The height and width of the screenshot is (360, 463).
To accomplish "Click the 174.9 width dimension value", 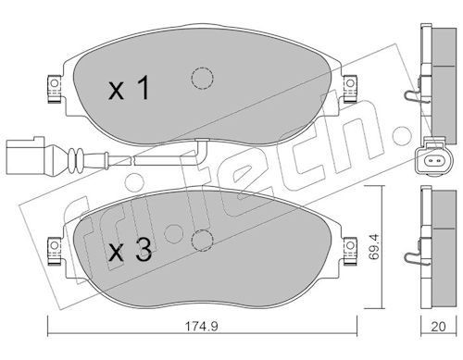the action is click(x=202, y=326).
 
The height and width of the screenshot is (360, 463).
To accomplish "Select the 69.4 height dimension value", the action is click(x=374, y=246).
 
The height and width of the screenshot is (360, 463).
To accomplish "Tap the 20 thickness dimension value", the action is click(x=438, y=327).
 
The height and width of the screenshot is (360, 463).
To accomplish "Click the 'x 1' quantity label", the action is click(x=129, y=89).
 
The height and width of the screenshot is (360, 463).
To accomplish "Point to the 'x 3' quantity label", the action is click(x=131, y=250).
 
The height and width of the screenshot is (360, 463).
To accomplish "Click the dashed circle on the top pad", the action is click(x=202, y=79).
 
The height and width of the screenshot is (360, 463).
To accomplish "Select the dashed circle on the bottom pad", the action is click(x=202, y=241).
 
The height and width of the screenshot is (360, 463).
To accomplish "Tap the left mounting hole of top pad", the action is click(x=55, y=83).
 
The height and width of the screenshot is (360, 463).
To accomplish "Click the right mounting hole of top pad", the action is click(x=350, y=83).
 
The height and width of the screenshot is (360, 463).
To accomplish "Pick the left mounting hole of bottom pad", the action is click(x=55, y=245).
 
